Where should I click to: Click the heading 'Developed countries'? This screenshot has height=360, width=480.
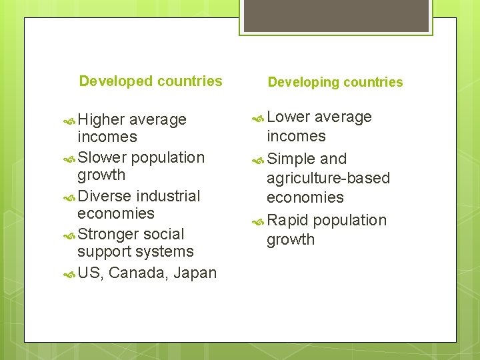click(151, 81)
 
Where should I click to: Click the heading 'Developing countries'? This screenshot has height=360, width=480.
click(335, 83)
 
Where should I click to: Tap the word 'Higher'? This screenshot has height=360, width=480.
click(101, 120)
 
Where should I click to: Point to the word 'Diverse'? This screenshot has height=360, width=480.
click(104, 197)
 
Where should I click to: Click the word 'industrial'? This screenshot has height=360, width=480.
click(168, 197)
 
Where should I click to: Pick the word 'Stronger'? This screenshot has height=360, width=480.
click(108, 235)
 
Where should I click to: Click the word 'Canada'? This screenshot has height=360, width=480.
click(131, 273)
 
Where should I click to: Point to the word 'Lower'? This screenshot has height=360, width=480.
click(288, 117)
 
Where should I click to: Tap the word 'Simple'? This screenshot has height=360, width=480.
click(291, 159)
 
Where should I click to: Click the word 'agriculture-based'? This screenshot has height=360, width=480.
click(328, 179)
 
